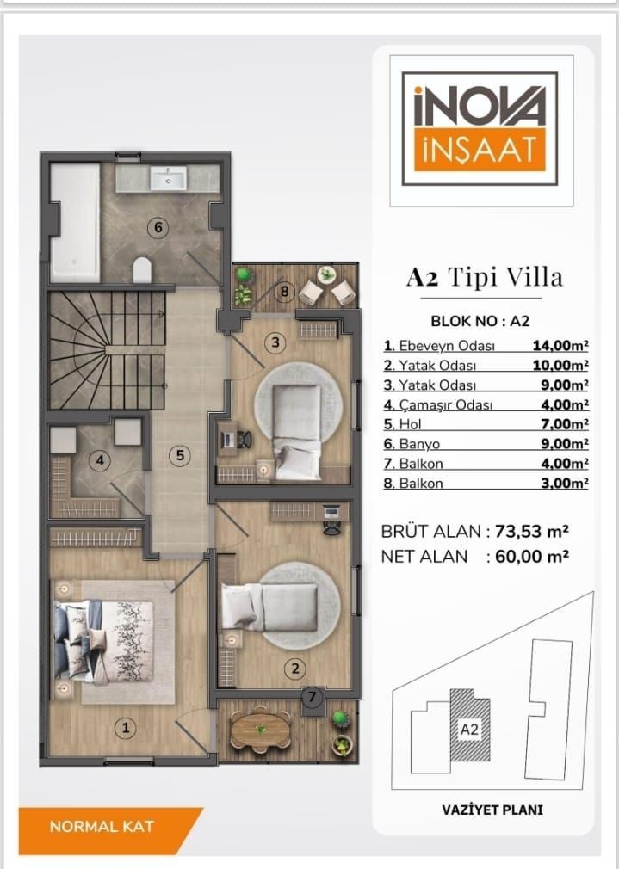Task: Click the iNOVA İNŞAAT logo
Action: pyautogui.click(x=480, y=128)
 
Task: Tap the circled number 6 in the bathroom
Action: pyautogui.click(x=158, y=227)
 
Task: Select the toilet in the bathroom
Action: pyautogui.click(x=143, y=269)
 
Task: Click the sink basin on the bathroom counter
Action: pyautogui.click(x=168, y=178)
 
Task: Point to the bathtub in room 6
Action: pyautogui.click(x=76, y=223)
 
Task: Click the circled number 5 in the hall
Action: pyautogui.click(x=180, y=455)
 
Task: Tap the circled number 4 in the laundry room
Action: pyautogui.click(x=100, y=460)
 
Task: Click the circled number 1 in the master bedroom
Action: pyautogui.click(x=126, y=728)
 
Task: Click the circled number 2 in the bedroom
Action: pyautogui.click(x=295, y=669)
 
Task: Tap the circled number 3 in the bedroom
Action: pyautogui.click(x=275, y=342)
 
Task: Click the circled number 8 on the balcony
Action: pyautogui.click(x=285, y=291)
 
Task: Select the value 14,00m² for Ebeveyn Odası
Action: pyautogui.click(x=560, y=346)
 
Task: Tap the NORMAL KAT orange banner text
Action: pyautogui.click(x=102, y=827)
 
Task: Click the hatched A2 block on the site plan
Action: pyautogui.click(x=470, y=725)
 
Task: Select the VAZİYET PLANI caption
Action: pyautogui.click(x=492, y=810)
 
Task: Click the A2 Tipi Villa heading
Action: pyautogui.click(x=484, y=277)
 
